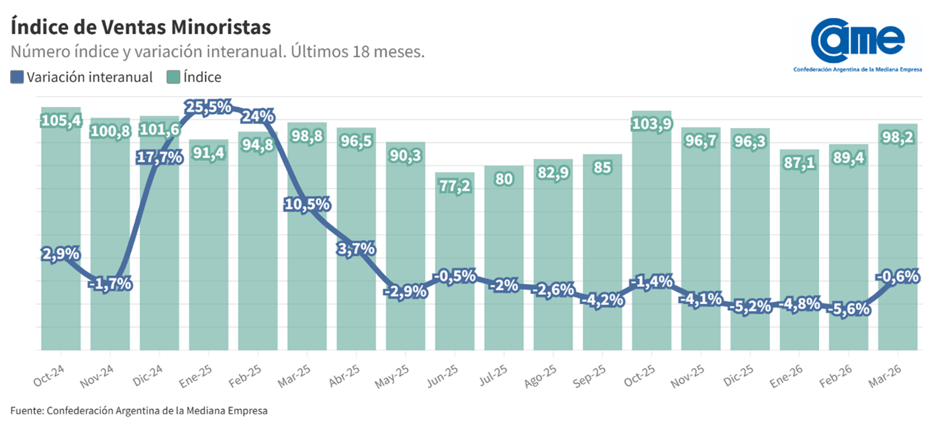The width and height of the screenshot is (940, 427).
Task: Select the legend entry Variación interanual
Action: pyautogui.click(x=82, y=77)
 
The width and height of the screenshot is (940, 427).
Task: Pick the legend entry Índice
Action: pyautogui.click(x=195, y=77)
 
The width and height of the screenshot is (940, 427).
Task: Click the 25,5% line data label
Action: pyautogui.click(x=208, y=107)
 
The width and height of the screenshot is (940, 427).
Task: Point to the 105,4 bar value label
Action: pyautogui.click(x=61, y=121)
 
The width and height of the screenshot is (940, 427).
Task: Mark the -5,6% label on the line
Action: pyautogui.click(x=849, y=310)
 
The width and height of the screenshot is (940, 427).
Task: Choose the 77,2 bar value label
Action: pyautogui.click(x=455, y=186)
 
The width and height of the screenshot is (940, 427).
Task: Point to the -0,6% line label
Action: pyautogui.click(x=898, y=276)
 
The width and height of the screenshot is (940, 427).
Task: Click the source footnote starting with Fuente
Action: pyautogui.click(x=138, y=410)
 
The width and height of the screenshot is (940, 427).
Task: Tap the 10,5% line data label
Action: pyautogui.click(x=307, y=205)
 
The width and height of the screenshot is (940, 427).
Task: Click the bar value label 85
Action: pyautogui.click(x=602, y=168)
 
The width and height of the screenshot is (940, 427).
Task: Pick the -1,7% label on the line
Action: pyautogui.click(x=110, y=284)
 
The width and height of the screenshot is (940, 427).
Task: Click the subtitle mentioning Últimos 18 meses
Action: pyautogui.click(x=218, y=52)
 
